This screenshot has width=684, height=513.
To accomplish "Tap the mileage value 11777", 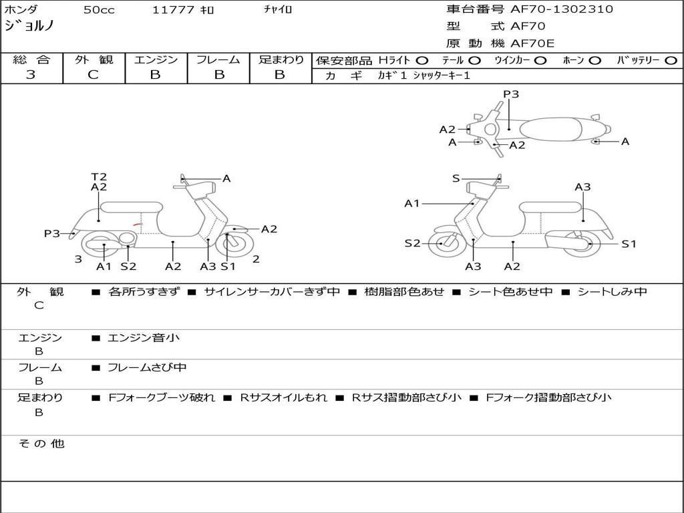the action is (174, 10).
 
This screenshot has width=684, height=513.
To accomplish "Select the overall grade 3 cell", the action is (31, 75).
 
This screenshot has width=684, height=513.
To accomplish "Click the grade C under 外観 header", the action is (93, 75).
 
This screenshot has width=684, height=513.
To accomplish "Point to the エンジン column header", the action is (156, 59).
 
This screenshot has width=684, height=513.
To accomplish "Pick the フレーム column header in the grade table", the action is (218, 59).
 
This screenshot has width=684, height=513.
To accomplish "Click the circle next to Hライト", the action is (421, 60).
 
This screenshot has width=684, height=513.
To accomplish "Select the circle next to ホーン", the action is (594, 60).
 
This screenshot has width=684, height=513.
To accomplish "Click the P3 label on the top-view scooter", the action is (511, 94).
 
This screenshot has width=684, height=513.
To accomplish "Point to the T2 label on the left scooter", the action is (99, 177).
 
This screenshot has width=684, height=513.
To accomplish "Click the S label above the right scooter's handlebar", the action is (456, 178).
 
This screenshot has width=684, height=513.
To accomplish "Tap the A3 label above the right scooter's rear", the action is (582, 187).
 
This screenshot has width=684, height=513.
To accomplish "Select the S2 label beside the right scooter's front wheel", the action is (413, 243).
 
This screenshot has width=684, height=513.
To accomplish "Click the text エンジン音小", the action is (144, 338).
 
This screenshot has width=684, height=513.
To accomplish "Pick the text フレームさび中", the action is (147, 367).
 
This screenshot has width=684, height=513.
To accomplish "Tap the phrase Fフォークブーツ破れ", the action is (162, 397).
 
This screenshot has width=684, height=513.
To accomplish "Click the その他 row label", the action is (41, 444).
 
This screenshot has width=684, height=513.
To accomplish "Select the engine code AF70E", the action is (532, 44).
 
